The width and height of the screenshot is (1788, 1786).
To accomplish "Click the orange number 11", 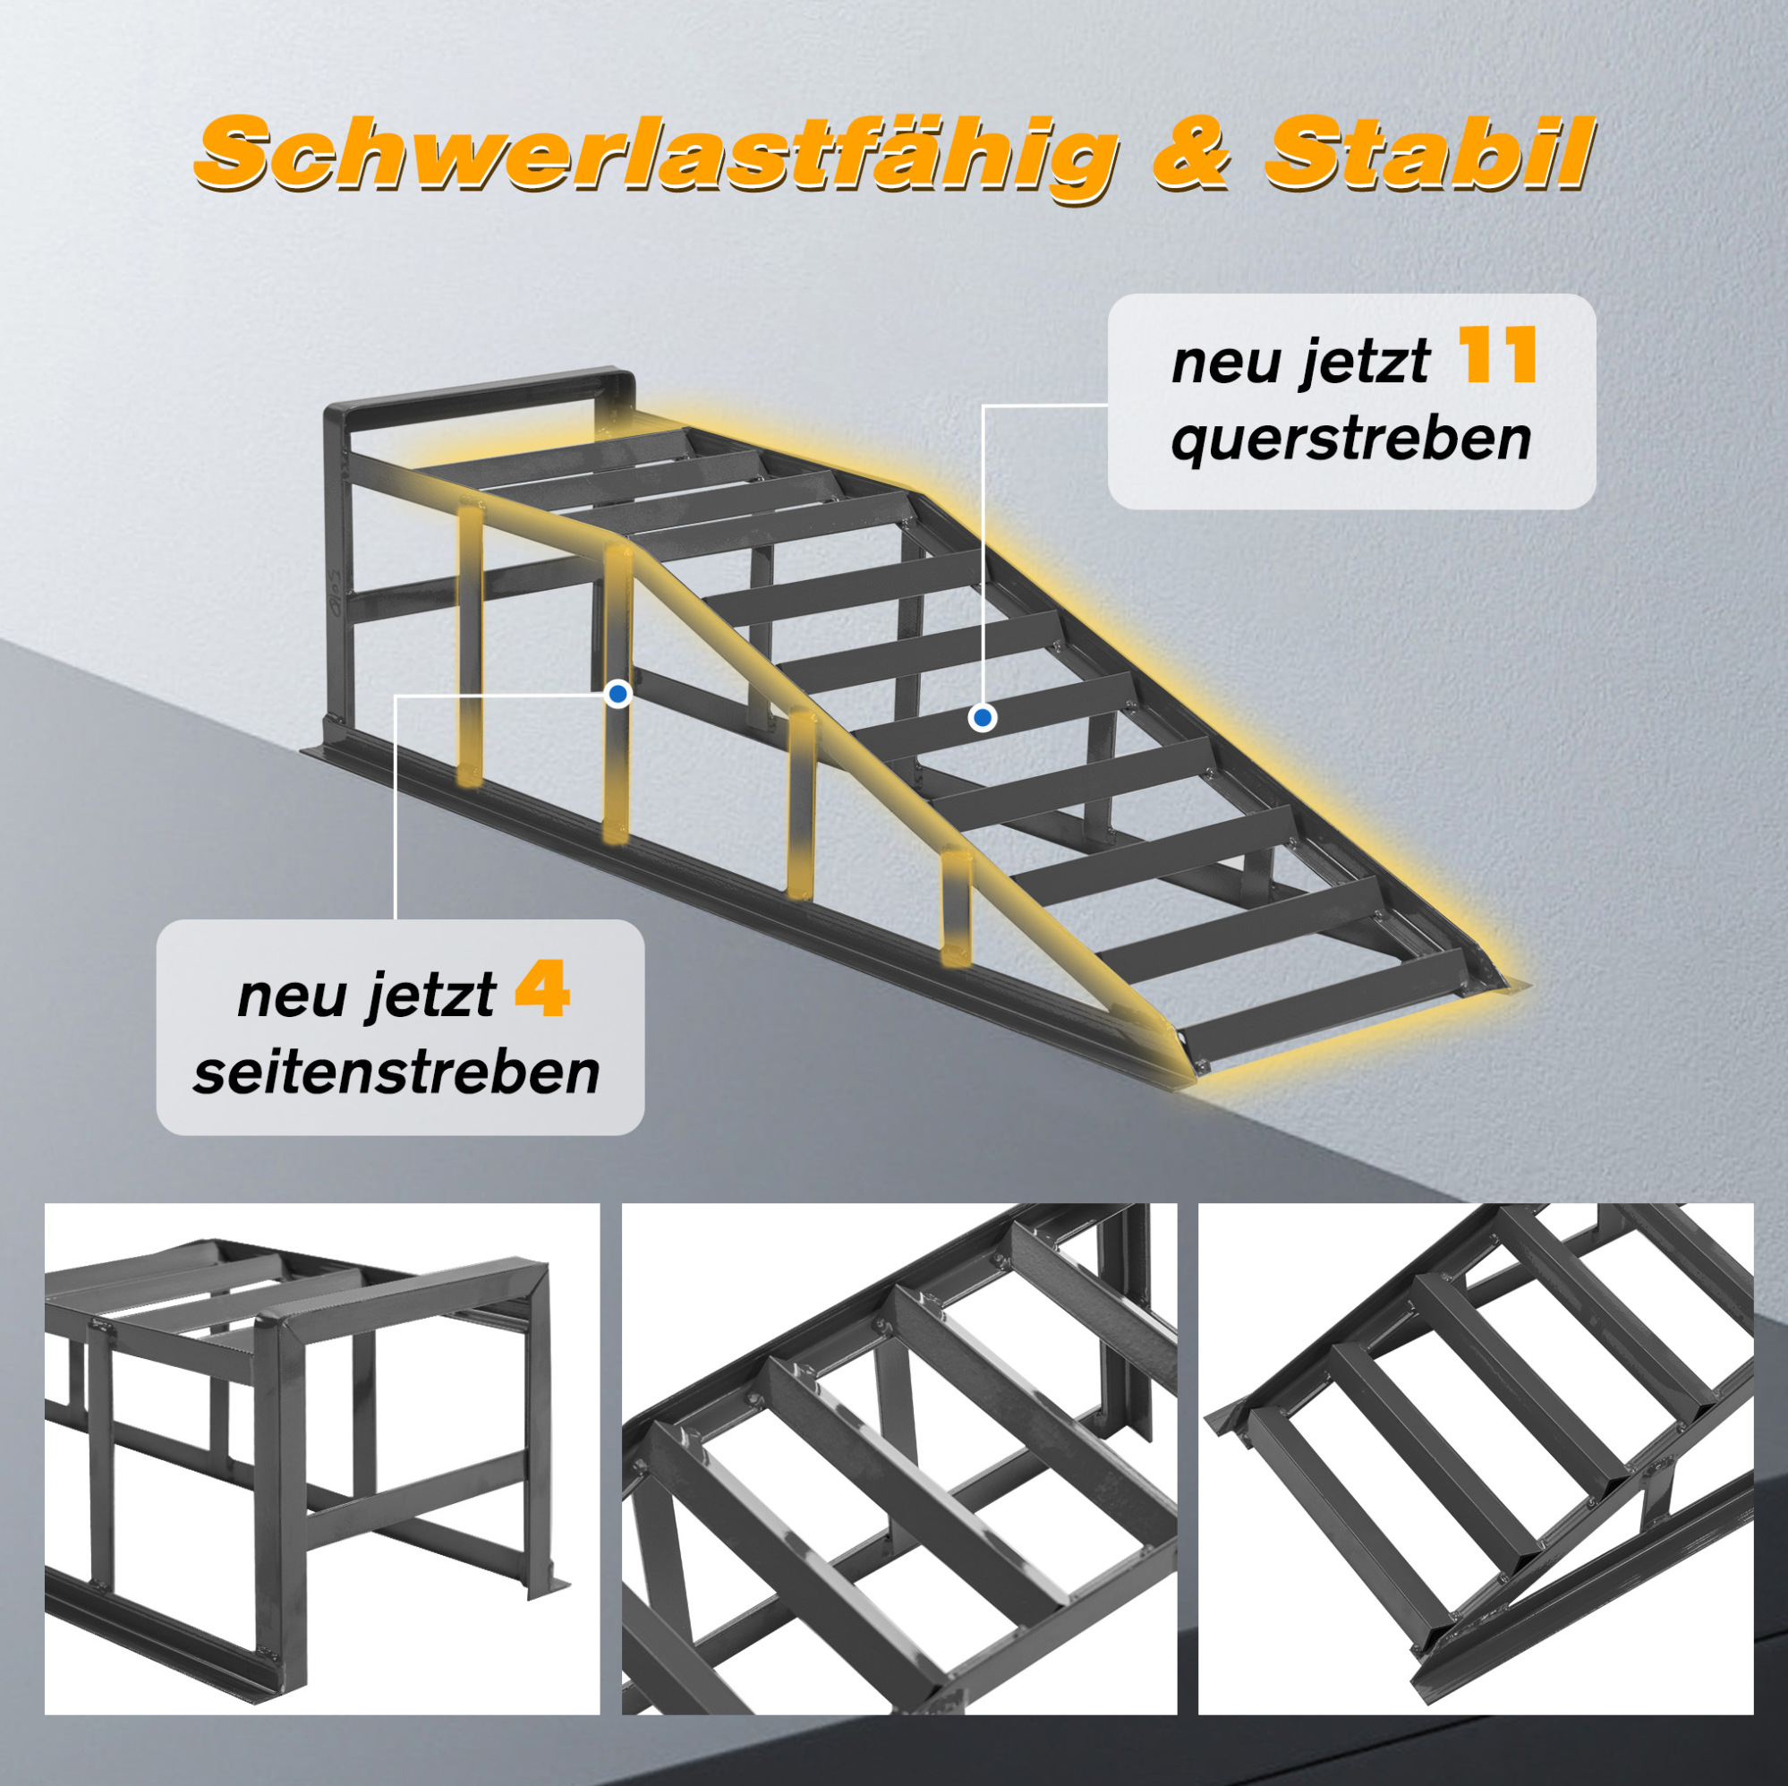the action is pos(1497,355).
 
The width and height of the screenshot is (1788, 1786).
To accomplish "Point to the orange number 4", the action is pos(541,988).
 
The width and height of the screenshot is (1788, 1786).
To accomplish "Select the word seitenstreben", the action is pos(397,1072).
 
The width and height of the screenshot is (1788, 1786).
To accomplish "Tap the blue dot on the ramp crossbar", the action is pos(983,718).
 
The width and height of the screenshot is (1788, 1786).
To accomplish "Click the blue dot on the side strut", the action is pos(618,694).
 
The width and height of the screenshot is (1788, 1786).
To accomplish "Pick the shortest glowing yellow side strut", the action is pos(956,909).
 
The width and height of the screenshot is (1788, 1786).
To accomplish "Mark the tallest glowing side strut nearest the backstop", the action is pos(470,639).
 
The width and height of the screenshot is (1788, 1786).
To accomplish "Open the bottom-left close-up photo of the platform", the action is pos(322,1459).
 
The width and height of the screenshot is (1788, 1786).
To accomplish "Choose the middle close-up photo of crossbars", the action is pos(899,1459).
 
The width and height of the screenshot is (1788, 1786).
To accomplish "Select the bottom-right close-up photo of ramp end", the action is pos(1476,1459).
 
